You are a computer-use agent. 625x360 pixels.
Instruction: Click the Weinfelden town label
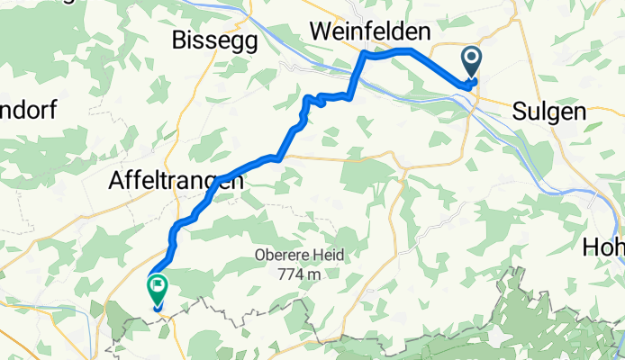(369, 31)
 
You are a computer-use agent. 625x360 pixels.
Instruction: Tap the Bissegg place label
(214, 40)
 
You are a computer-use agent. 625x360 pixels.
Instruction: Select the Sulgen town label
(548, 112)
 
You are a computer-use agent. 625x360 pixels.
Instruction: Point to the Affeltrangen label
(176, 181)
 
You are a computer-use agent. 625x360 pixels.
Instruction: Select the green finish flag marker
(158, 290)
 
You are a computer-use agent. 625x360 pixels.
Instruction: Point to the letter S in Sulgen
(519, 112)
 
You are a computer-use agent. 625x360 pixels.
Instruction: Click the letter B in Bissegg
(179, 40)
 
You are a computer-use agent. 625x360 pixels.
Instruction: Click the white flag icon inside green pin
(158, 287)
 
